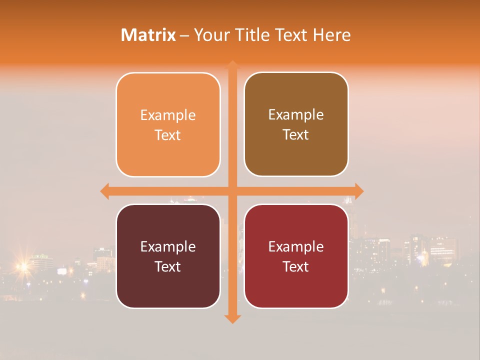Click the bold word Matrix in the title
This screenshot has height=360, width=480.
coord(148,35)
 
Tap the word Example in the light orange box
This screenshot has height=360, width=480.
coord(168,115)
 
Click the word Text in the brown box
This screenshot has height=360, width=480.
coord(296,135)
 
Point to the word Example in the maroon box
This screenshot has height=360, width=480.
coord(168,247)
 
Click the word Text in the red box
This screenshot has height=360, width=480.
coord(296,267)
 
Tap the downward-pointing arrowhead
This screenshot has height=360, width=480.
coord(232,318)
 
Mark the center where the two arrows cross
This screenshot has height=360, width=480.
coord(232,191)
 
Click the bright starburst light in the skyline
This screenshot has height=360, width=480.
coord(22,266)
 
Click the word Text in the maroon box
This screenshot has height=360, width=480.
coord(168,267)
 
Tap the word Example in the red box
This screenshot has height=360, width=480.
coord(296,247)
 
